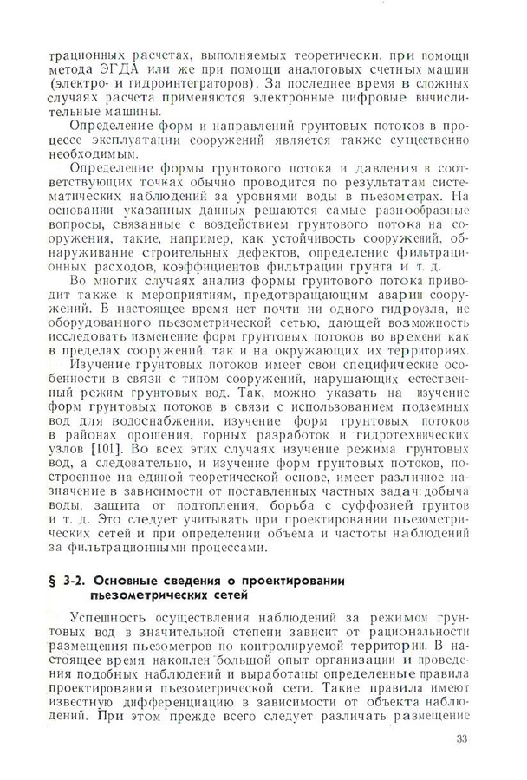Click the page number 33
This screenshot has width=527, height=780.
(460, 739)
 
